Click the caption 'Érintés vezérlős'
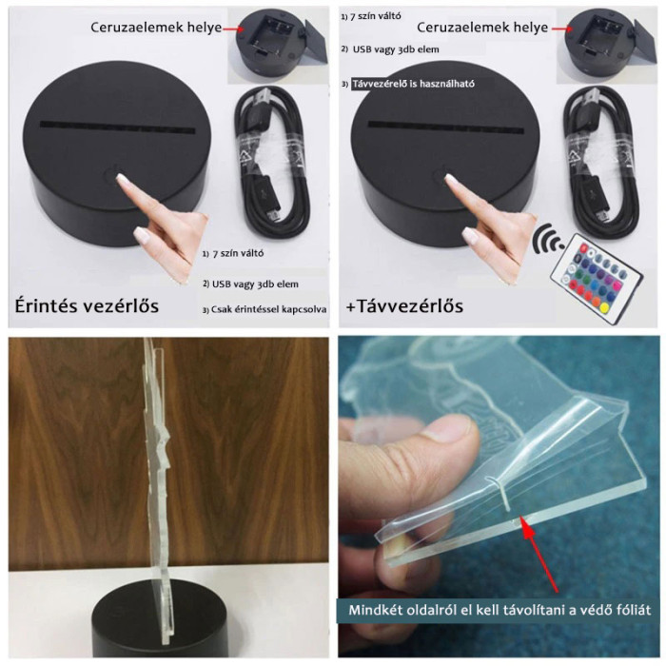(x=86, y=305)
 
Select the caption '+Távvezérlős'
(x=404, y=305)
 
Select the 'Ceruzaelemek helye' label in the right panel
(x=482, y=28)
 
